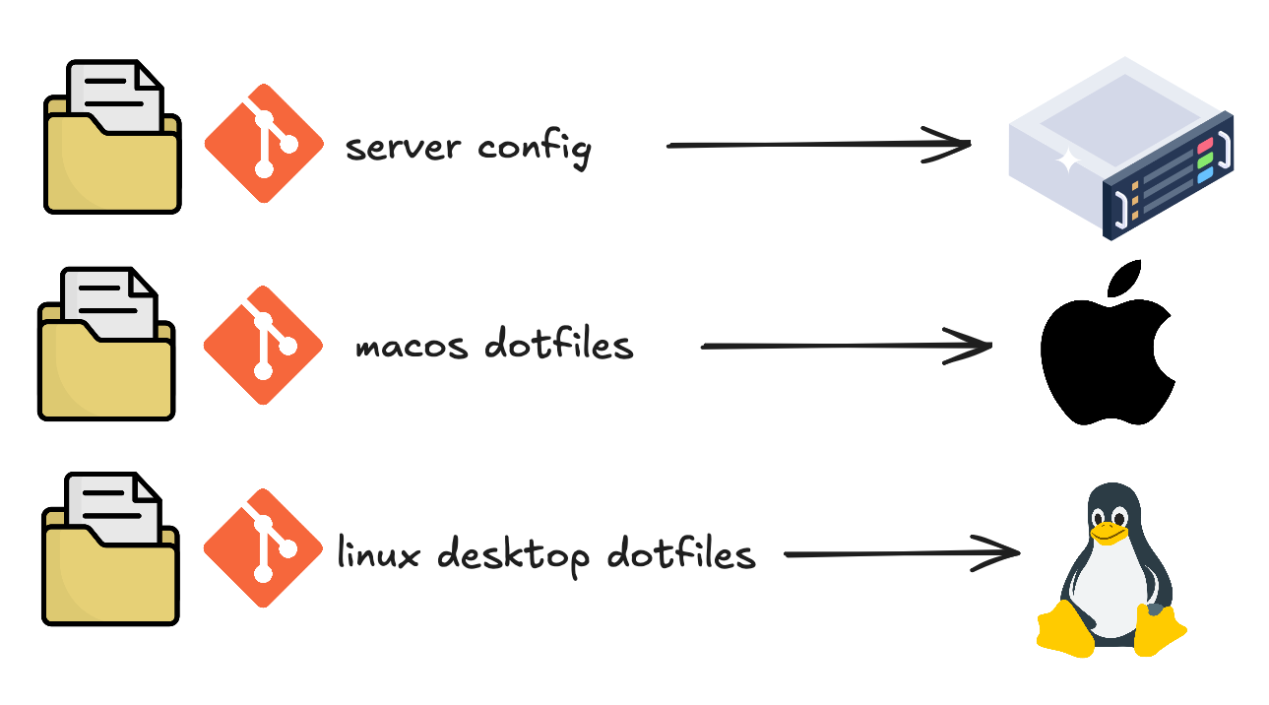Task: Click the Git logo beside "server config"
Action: point(264,144)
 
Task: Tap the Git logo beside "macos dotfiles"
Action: point(263,345)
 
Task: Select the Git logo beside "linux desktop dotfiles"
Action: point(263,547)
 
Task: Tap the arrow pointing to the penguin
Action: point(901,553)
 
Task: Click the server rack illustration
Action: point(1121,148)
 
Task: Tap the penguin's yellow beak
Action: point(1110,533)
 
